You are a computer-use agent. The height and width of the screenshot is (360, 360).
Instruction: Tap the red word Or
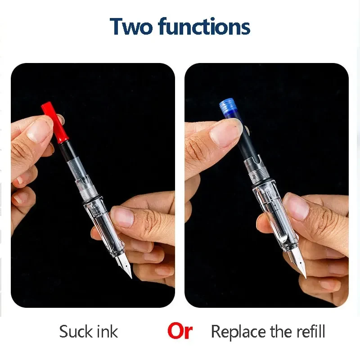pyautogui.click(x=180, y=332)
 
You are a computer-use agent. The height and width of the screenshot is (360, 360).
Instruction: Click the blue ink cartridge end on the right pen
pyautogui.click(x=229, y=108)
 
